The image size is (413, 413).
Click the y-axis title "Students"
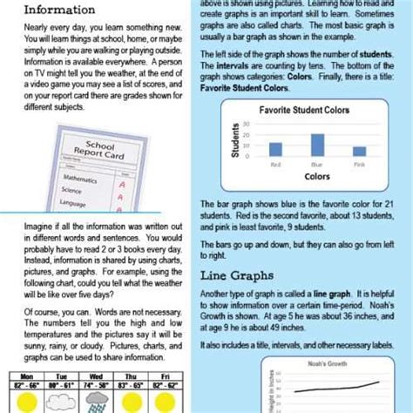point(236,139)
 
